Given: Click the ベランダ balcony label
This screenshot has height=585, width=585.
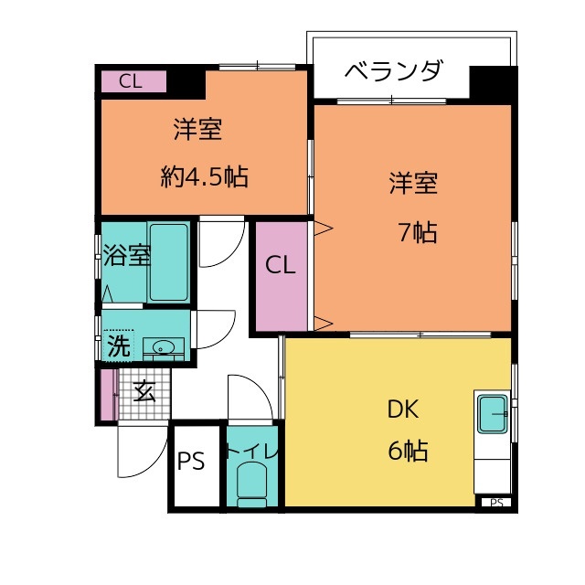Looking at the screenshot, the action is point(394,69).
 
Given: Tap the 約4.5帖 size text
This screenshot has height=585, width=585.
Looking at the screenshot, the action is point(205,176).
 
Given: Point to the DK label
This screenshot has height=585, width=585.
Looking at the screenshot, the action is point(403,409).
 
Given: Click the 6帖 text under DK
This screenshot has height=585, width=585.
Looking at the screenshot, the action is point(408,451).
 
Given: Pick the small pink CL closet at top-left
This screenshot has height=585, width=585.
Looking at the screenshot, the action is point(134,81).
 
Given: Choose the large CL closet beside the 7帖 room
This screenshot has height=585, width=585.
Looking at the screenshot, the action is point(282,276).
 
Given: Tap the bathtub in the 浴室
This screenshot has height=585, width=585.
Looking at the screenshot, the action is point(168,262).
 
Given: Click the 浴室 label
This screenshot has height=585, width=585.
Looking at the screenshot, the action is point(127,255).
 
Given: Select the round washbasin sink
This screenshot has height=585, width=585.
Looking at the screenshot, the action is point(164,347).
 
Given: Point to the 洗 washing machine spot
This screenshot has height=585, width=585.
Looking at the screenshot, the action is point(119,346).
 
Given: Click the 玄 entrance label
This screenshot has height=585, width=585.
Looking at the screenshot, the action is point(144,391).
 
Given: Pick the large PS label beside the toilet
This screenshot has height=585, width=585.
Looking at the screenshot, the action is point(191,461).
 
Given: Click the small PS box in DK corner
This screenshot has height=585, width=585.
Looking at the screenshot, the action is point(496,503).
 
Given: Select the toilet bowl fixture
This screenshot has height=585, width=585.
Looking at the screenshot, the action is point(252,484).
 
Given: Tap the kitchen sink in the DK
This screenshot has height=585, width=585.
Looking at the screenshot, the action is point(493,414).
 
